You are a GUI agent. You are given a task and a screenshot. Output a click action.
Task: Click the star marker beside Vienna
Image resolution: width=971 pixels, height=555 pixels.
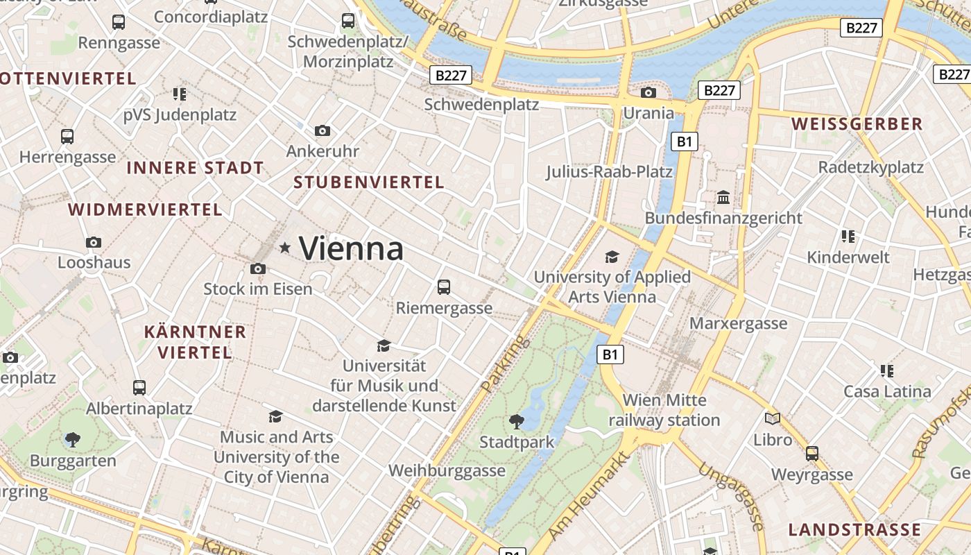(284, 248)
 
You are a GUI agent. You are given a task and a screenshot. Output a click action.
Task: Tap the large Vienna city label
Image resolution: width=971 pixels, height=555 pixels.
(351, 248)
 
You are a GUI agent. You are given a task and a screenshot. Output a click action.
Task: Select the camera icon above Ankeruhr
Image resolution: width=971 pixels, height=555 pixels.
(323, 130)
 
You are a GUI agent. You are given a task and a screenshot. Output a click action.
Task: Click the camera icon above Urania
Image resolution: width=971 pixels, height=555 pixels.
(648, 92)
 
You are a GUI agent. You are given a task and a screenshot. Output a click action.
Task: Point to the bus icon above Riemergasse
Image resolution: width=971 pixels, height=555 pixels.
(444, 287)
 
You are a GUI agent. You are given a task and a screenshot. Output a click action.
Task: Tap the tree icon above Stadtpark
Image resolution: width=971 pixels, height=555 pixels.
(517, 420)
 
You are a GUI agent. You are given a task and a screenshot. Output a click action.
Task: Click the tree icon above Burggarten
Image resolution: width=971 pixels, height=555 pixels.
(72, 439)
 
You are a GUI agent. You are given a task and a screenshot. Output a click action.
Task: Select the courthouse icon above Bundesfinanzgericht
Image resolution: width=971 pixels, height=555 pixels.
(723, 197)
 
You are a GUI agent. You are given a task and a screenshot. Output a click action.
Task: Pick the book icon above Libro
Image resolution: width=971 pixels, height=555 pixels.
(773, 418)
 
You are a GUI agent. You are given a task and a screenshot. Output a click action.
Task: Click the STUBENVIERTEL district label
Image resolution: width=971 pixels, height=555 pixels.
(368, 182)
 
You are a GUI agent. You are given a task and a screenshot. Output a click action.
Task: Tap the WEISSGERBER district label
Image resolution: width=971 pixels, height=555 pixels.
(857, 124)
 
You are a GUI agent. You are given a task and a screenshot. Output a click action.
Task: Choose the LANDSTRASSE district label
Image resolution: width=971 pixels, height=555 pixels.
(854, 529)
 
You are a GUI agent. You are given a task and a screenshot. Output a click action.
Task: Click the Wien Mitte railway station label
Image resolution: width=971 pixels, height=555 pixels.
(664, 410)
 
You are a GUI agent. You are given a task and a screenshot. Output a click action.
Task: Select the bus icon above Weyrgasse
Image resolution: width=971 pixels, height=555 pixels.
(812, 454)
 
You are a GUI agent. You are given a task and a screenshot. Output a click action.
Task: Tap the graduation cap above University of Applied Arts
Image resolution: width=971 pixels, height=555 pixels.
(612, 257)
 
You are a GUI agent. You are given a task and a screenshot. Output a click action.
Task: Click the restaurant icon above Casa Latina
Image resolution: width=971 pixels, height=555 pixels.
(887, 370)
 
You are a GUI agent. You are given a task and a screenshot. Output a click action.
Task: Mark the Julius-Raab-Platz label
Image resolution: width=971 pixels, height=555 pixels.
(609, 171)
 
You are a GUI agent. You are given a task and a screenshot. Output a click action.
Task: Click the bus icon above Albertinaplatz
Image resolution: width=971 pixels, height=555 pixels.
(139, 387)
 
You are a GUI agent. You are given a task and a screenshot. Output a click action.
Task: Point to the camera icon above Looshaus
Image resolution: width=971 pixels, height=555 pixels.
(94, 242)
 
